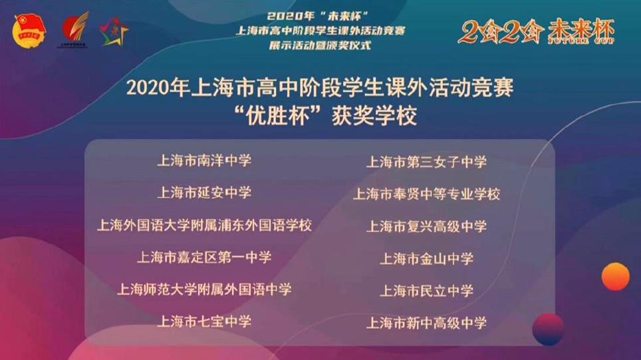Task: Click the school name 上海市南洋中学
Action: click(x=204, y=160)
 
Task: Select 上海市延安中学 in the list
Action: click(x=204, y=192)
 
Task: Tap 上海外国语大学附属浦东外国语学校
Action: click(x=204, y=225)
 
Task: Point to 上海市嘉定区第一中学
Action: click(x=204, y=257)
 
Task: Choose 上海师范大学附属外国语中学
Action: click(x=204, y=289)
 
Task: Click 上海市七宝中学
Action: click(x=204, y=321)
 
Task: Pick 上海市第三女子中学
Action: click(x=426, y=162)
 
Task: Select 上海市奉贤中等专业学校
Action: click(x=426, y=194)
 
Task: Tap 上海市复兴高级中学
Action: click(x=426, y=226)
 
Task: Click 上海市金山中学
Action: click(x=426, y=259)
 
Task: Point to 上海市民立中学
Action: click(x=426, y=290)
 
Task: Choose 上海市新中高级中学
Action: click(x=426, y=323)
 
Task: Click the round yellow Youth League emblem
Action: click(x=29, y=30)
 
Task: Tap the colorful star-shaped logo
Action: click(x=114, y=31)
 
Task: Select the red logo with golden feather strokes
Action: click(x=74, y=29)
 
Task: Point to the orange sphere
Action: click(x=615, y=277)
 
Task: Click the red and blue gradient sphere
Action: click(x=548, y=329)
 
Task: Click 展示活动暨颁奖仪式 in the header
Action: click(x=320, y=45)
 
